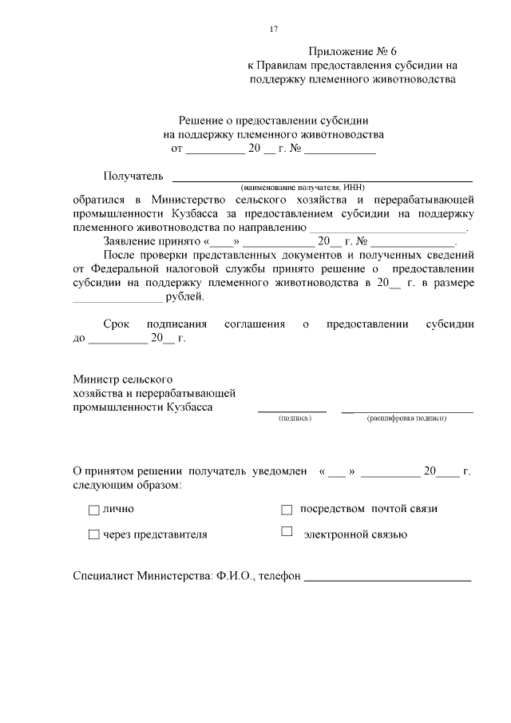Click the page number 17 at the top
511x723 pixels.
click(273, 29)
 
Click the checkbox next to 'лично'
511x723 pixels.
click(93, 510)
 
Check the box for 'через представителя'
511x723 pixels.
click(93, 534)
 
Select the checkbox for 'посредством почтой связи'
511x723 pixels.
click(287, 509)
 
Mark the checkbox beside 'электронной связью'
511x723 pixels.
click(287, 532)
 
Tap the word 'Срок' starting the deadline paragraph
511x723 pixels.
click(118, 324)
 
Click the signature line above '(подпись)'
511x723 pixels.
click(291, 411)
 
